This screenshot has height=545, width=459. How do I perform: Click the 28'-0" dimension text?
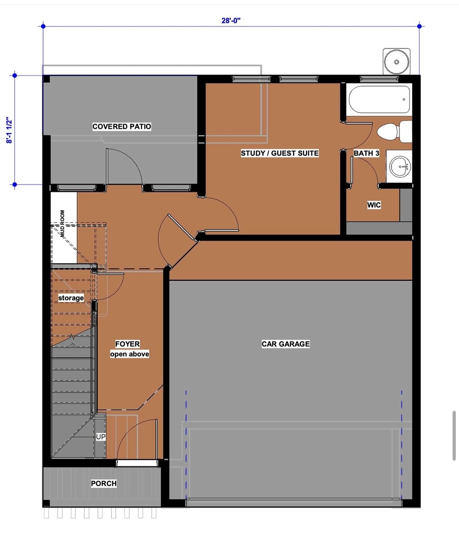pos(231,21)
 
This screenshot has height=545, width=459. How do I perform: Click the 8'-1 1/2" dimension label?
pos(9,130)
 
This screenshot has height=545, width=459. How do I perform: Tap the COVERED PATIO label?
pos(122,126)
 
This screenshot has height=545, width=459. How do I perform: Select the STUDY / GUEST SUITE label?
pos(280,153)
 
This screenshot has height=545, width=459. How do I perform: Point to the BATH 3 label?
pos(366,153)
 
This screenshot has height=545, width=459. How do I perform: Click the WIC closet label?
pos(374,205)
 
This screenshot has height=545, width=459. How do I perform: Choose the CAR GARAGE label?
pos(285,344)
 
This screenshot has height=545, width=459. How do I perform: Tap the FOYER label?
pos(127,344)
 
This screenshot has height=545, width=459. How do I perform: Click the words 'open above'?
pos(130,354)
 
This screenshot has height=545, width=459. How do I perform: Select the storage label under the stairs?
pos(71,298)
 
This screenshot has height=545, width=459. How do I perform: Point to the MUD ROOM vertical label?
pos(63,224)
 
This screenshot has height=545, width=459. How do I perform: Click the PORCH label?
pos(104,483)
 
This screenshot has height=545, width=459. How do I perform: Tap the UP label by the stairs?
pos(101,436)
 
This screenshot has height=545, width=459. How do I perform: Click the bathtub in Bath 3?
pos(379,99)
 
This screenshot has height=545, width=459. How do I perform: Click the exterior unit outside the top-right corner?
pos(396,62)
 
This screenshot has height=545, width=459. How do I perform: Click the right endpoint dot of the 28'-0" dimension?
pos(420,26)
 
